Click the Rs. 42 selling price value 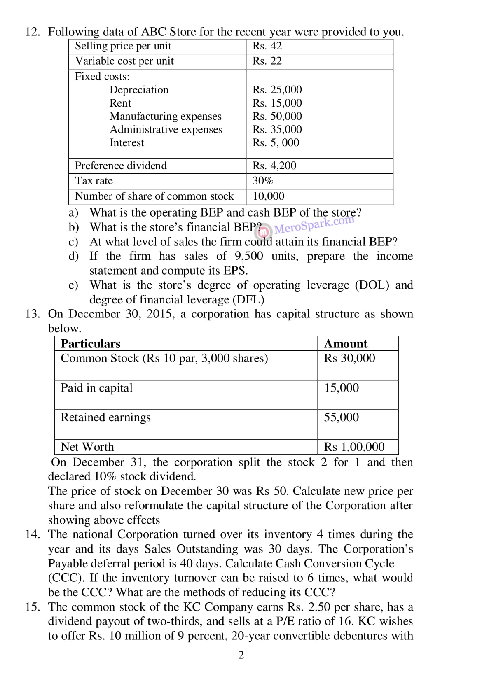(267, 46)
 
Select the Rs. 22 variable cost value (267, 61)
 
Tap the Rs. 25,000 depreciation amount (277, 90)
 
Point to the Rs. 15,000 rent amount (277, 103)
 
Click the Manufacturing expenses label (165, 117)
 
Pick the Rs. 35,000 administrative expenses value (277, 129)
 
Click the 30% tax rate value (263, 181)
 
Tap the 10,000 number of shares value (268, 196)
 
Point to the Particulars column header (90, 344)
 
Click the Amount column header (346, 344)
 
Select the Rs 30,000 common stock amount (349, 358)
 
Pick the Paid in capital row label (96, 388)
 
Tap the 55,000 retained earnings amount (341, 417)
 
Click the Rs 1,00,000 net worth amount (354, 447)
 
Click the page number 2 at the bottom (241, 655)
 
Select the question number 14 (33, 534)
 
